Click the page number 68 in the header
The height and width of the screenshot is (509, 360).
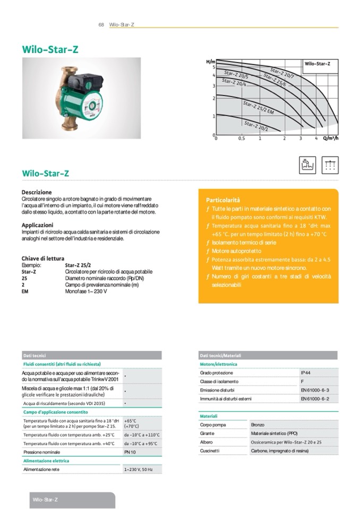point(101,25)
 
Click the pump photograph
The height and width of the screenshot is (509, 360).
point(81,98)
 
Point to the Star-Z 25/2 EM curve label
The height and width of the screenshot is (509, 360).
point(258,108)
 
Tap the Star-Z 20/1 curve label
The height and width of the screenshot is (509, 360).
point(256,126)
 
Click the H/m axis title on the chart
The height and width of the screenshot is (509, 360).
point(210,62)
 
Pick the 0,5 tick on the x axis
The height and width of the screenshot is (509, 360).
point(242,139)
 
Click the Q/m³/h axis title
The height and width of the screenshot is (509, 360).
point(330,139)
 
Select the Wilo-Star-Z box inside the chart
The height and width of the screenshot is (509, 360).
point(318,64)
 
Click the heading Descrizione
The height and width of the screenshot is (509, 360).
point(37,192)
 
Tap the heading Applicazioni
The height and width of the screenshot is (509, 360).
point(37,225)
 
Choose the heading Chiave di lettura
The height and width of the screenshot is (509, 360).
point(43,258)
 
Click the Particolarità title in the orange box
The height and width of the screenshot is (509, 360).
point(223,201)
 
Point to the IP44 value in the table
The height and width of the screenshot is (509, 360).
point(306,373)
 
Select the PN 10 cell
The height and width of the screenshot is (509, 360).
point(130,452)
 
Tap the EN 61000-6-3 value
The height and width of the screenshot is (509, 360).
point(315,390)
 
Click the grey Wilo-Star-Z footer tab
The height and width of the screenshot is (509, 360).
point(71,500)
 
